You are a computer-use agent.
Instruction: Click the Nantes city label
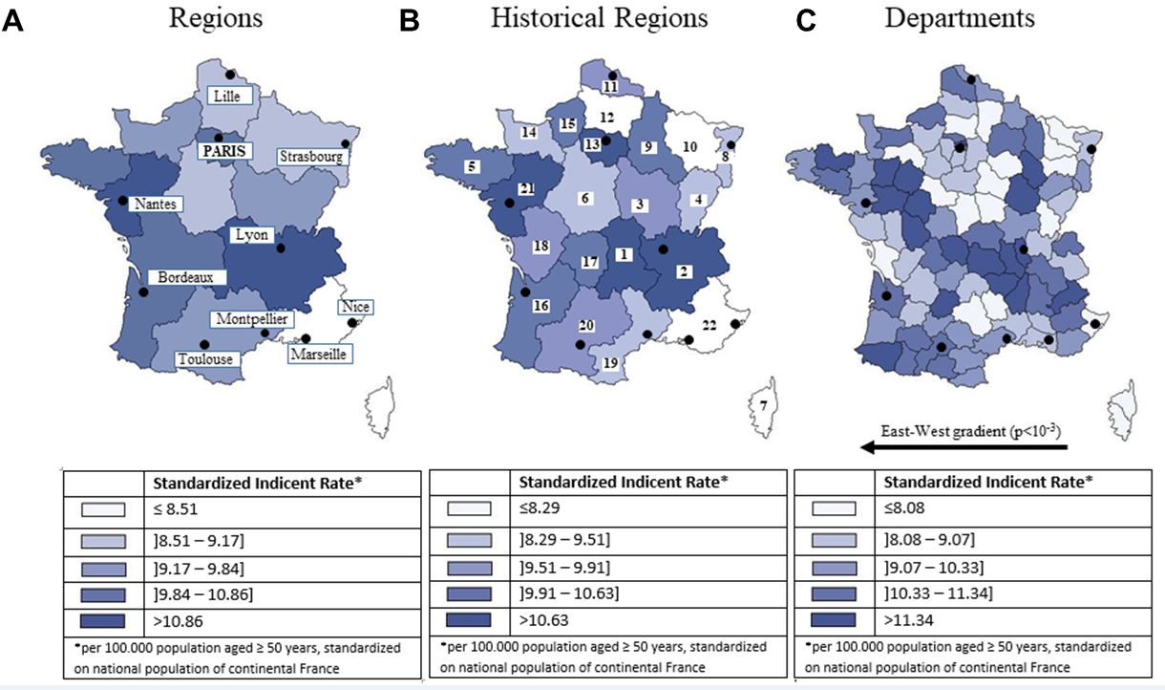tap(155, 203)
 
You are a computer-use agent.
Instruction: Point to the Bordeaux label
tap(192, 277)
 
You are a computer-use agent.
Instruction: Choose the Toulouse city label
tap(204, 359)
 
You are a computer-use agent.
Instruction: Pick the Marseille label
tap(318, 354)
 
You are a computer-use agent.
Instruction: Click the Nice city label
tap(353, 308)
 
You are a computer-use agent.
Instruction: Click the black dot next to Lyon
tap(281, 248)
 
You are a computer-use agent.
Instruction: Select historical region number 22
tap(709, 325)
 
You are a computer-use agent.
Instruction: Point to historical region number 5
tap(471, 166)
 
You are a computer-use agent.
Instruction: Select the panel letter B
tap(409, 21)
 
